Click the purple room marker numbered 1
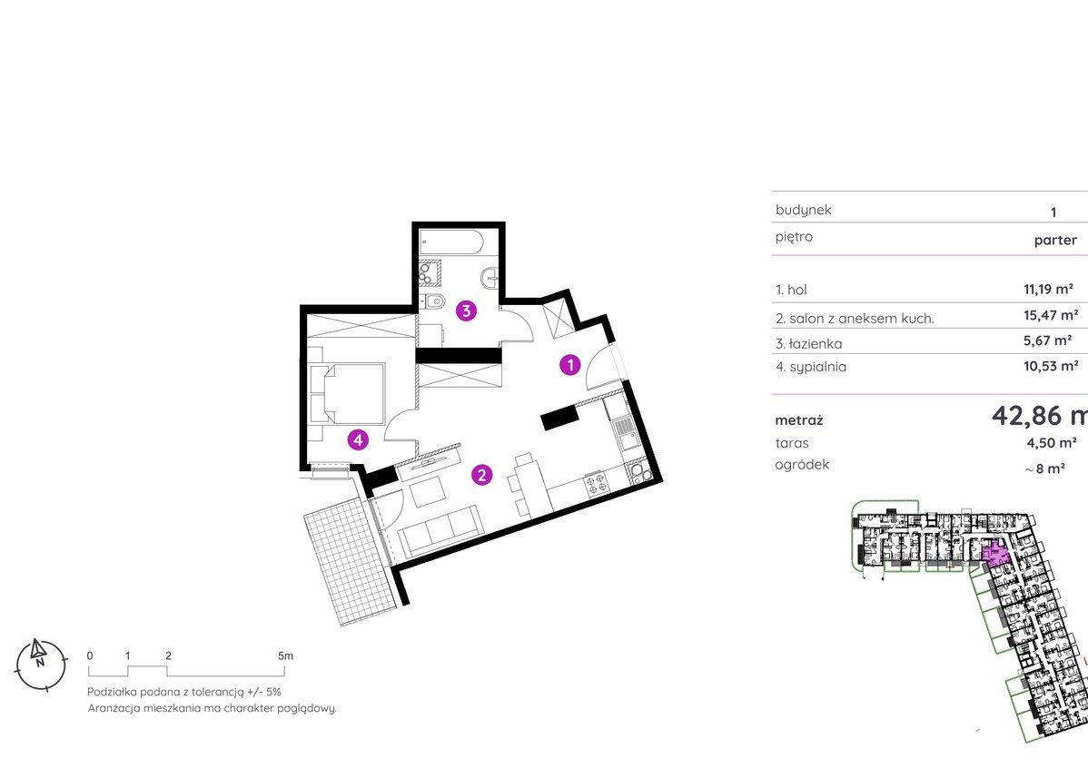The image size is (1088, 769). pyautogui.click(x=570, y=365)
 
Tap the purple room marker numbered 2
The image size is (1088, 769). pyautogui.click(x=481, y=475)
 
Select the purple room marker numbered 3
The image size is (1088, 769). pyautogui.click(x=466, y=311)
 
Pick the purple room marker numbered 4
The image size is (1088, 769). pyautogui.click(x=358, y=439)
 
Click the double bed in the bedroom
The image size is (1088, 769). pyautogui.click(x=347, y=393)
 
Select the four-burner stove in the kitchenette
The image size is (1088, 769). pyautogui.click(x=595, y=483)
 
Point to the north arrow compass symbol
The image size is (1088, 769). pyautogui.click(x=41, y=664)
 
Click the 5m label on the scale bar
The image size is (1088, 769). pyautogui.click(x=285, y=656)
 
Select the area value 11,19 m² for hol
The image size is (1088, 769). pyautogui.click(x=1048, y=289)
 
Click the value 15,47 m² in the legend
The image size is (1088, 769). pyautogui.click(x=1051, y=316)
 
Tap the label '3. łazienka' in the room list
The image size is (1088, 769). pyautogui.click(x=809, y=343)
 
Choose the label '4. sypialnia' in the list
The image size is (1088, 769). pyautogui.click(x=811, y=367)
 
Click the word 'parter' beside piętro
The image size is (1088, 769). pyautogui.click(x=1055, y=241)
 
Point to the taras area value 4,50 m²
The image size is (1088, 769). pyautogui.click(x=1052, y=443)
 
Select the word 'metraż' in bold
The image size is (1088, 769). pyautogui.click(x=798, y=420)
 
